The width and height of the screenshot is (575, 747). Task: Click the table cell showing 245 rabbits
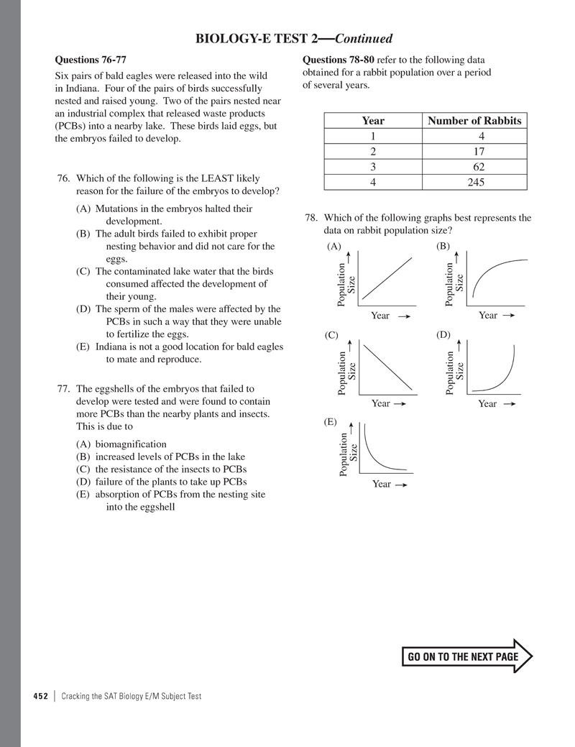tap(474, 182)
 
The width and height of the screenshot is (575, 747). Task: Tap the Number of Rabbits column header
tap(474, 121)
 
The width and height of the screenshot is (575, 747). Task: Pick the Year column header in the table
tap(373, 121)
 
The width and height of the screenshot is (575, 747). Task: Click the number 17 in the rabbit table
tap(474, 152)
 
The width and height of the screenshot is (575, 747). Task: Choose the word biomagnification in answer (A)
tap(126, 444)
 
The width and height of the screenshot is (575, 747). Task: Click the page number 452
tap(40, 696)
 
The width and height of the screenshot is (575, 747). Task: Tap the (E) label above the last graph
tap(331, 423)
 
